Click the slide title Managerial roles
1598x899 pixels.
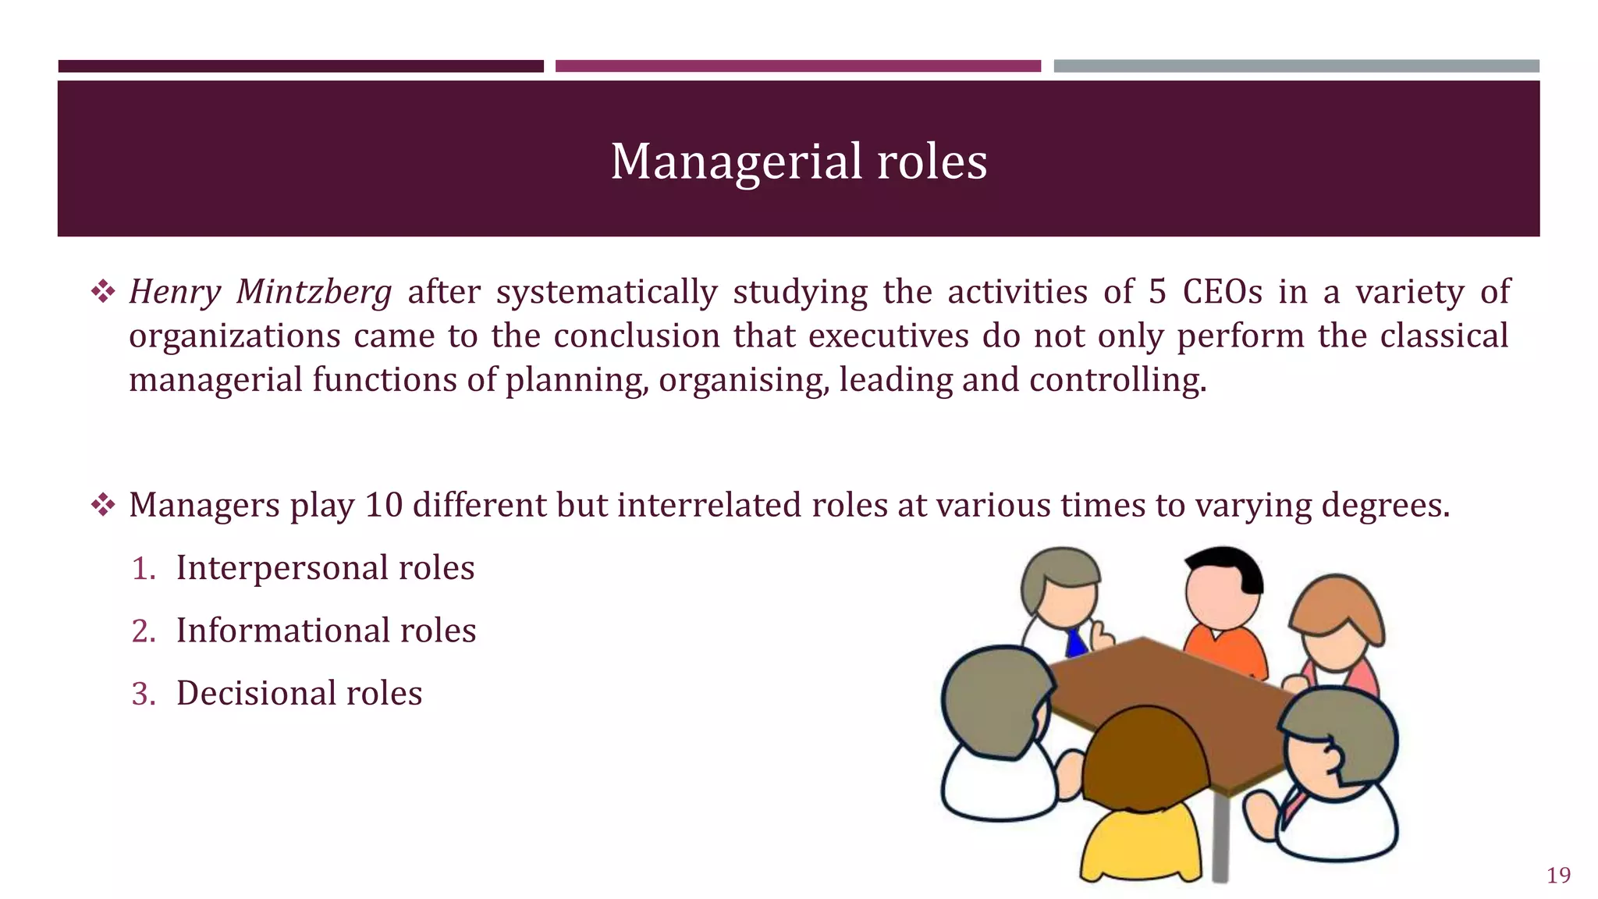pos(798,162)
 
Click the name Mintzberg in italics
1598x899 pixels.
pos(314,293)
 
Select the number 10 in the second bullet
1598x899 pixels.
pos(383,505)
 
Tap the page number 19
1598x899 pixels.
pos(1558,875)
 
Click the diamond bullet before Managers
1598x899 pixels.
pos(103,506)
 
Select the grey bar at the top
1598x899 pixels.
pos(1296,66)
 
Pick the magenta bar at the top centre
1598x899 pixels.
pos(797,66)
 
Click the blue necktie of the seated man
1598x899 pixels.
pos(1076,643)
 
